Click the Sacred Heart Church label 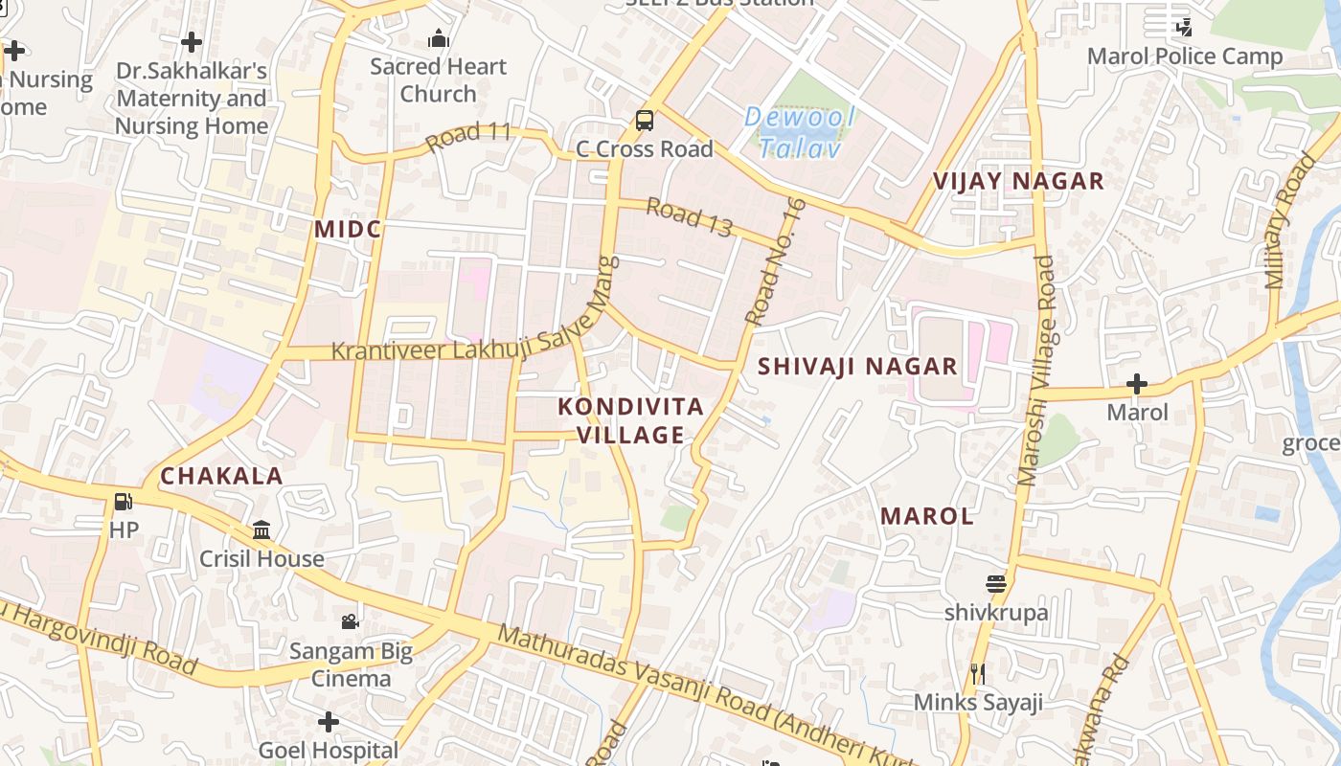(x=438, y=80)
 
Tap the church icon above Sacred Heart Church (x=439, y=39)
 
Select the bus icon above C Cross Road (x=645, y=121)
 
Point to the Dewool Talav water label (x=800, y=133)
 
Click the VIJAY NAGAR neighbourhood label (x=1018, y=181)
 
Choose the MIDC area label (x=348, y=229)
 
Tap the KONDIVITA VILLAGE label (x=630, y=420)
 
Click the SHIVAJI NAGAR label (x=857, y=366)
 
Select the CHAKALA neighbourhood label (x=221, y=476)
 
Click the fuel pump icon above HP (x=123, y=502)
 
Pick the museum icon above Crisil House (x=261, y=529)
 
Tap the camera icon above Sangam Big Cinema (x=351, y=621)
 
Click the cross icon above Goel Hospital (x=329, y=721)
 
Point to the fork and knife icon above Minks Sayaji (x=977, y=674)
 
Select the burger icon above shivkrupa (x=996, y=584)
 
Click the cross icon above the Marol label (x=1137, y=385)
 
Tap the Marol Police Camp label (x=1184, y=56)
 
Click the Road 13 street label (x=689, y=217)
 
